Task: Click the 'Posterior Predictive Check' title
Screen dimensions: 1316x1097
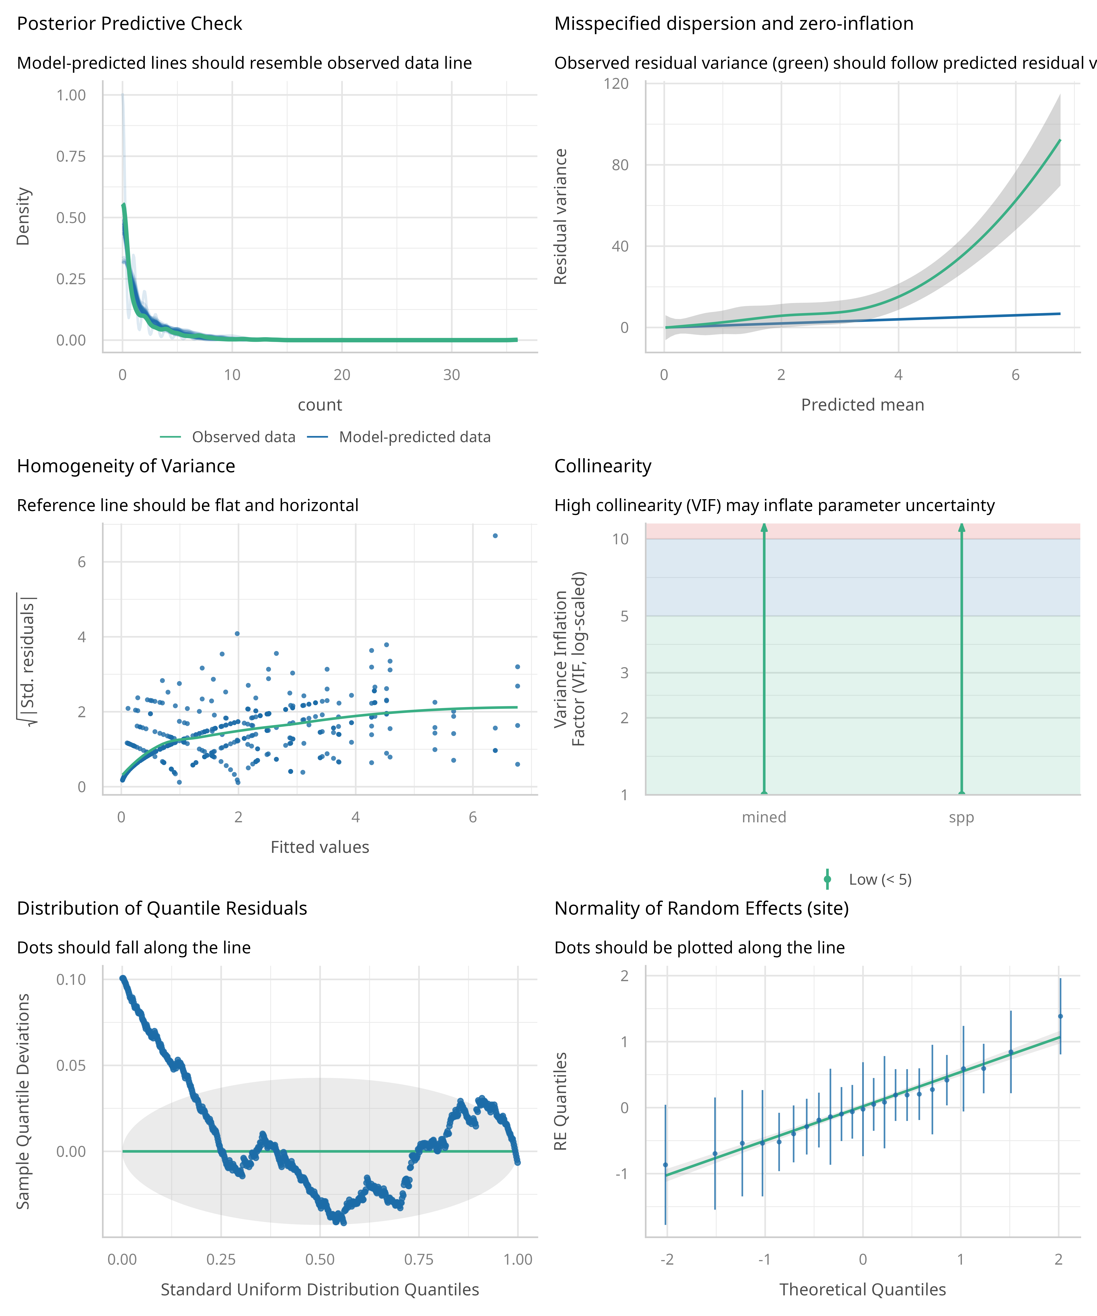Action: pos(129,24)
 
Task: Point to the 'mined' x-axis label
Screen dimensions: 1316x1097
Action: pos(764,817)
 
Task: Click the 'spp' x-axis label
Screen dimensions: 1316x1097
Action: pos(961,817)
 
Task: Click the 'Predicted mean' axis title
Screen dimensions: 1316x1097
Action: pos(863,405)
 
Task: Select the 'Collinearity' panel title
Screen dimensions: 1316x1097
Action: pos(602,466)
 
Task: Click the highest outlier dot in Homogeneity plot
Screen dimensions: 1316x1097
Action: pos(495,536)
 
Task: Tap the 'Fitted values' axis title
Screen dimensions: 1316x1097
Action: pos(320,847)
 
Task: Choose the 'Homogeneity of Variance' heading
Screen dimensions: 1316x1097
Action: pos(126,466)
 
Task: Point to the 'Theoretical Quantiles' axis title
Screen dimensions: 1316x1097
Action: pos(863,1290)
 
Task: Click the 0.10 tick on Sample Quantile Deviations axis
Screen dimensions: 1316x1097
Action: pos(71,980)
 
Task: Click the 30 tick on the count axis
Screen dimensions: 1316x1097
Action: pos(451,375)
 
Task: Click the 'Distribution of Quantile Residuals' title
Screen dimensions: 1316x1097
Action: pos(162,909)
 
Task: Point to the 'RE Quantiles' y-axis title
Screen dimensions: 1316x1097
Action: pos(560,1101)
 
